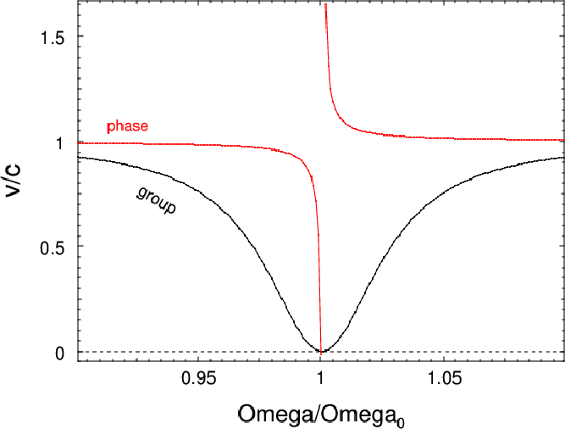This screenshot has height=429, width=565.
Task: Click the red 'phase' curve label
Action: (x=127, y=126)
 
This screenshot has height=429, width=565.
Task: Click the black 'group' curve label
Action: (x=157, y=200)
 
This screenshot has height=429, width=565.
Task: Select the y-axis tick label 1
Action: (x=59, y=142)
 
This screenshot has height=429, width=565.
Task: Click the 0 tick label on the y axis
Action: (x=59, y=353)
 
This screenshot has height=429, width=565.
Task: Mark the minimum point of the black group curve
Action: (x=320, y=351)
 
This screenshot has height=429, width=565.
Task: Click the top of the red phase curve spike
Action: (x=325, y=5)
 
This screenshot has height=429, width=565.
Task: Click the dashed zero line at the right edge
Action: (x=562, y=352)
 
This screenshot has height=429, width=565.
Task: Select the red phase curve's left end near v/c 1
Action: (x=79, y=142)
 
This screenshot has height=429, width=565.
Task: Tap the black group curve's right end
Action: (x=563, y=157)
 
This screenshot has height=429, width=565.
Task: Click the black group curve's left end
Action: (x=79, y=157)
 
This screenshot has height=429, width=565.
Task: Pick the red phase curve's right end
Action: (x=563, y=140)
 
